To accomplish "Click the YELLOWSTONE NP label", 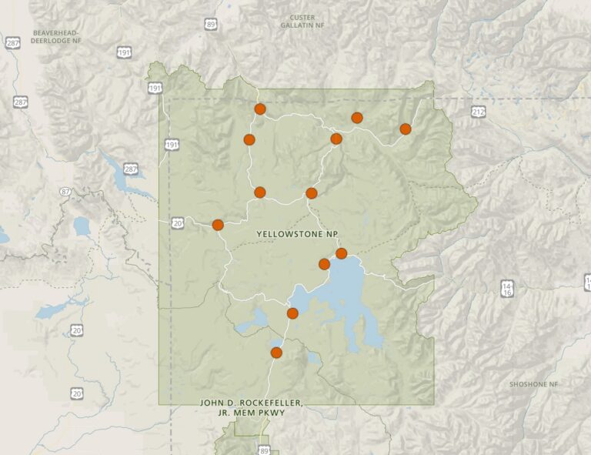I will pos(299,233).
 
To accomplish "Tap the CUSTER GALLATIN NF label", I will pos(302,22).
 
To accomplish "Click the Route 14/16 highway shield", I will pos(507,288).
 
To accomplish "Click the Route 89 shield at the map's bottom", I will pos(265,450).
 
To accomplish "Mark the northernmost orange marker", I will pos(260,109).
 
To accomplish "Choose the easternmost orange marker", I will pos(406,129).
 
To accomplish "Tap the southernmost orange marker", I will pos(276,353).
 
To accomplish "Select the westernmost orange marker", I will pos(218,225).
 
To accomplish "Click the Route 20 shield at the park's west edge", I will pos(178,222).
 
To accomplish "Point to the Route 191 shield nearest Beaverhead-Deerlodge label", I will pos(125,52).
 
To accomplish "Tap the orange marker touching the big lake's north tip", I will pos(342,253).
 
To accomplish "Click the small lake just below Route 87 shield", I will pos(82,226).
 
